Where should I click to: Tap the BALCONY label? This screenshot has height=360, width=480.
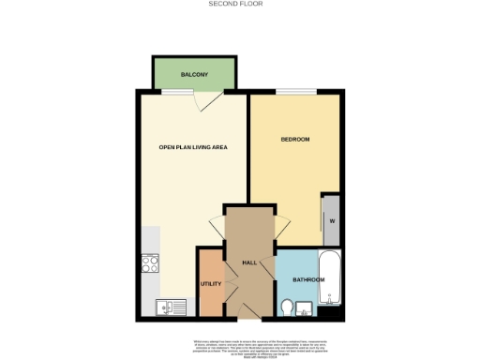point(194,73)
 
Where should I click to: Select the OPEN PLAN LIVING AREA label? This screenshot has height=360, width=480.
point(194,147)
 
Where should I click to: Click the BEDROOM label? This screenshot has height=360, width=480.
point(295,140)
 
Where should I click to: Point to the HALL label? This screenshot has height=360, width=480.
point(249,262)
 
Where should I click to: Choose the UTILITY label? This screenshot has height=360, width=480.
point(210,284)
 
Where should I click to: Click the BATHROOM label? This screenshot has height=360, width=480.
point(308,280)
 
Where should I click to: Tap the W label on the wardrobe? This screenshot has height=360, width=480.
point(331,220)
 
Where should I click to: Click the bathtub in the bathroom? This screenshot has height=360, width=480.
point(333,279)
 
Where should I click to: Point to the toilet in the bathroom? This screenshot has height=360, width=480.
point(288,307)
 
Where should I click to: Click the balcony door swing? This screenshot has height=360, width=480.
point(211,100)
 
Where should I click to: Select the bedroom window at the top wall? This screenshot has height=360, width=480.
point(295,91)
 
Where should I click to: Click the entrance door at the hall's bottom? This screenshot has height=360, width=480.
point(248,312)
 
